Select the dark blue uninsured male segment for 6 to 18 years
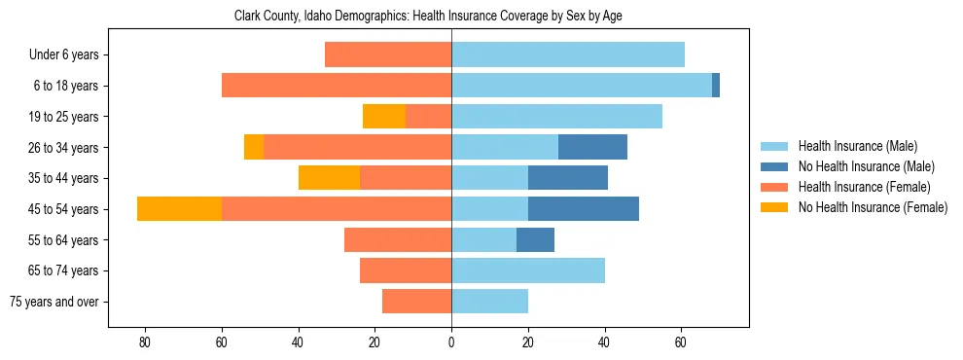716,86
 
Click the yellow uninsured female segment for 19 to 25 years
384,117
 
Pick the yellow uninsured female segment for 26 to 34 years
254,148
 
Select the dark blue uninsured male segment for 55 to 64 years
535,240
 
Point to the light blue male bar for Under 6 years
568,55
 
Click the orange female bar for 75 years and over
416,302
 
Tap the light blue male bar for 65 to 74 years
528,270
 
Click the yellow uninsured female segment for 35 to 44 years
329,178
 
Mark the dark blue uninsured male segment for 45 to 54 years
584,209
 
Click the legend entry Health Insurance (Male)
857,146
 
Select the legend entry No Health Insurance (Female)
873,207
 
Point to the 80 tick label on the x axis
145,342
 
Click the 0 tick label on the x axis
451,342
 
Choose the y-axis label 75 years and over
54,302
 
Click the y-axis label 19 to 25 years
64,117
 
